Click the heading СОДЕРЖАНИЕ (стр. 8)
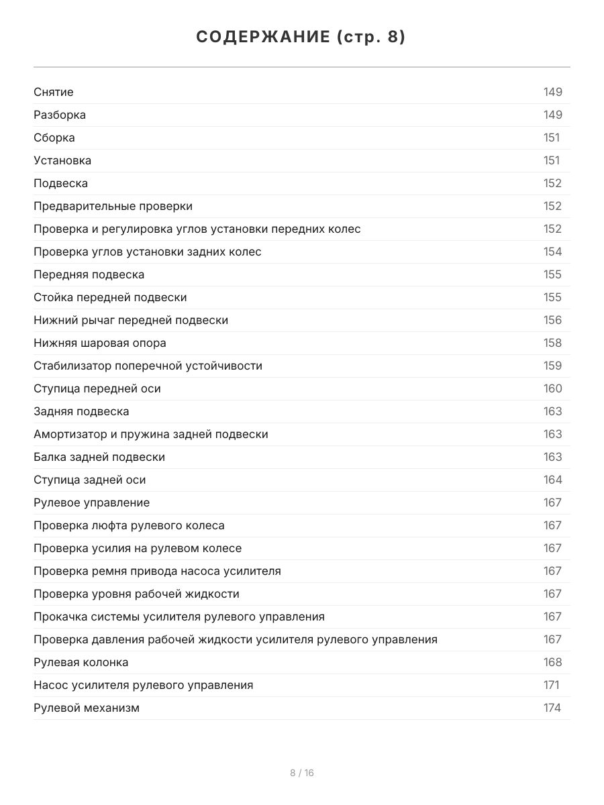[301, 38]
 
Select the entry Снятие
[54, 92]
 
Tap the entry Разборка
[60, 115]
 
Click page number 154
[552, 252]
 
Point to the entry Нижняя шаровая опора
[100, 343]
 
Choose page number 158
[552, 343]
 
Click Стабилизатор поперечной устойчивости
[148, 366]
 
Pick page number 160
[552, 388]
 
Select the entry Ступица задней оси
[89, 480]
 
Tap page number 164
[552, 480]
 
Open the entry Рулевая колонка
[81, 662]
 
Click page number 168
[552, 662]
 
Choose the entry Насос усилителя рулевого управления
[144, 685]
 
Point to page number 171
[551, 685]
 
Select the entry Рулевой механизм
[87, 708]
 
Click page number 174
[552, 708]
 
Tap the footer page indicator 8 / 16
[301, 773]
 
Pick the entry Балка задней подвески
[99, 457]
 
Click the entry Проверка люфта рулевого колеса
[129, 525]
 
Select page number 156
[552, 320]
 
